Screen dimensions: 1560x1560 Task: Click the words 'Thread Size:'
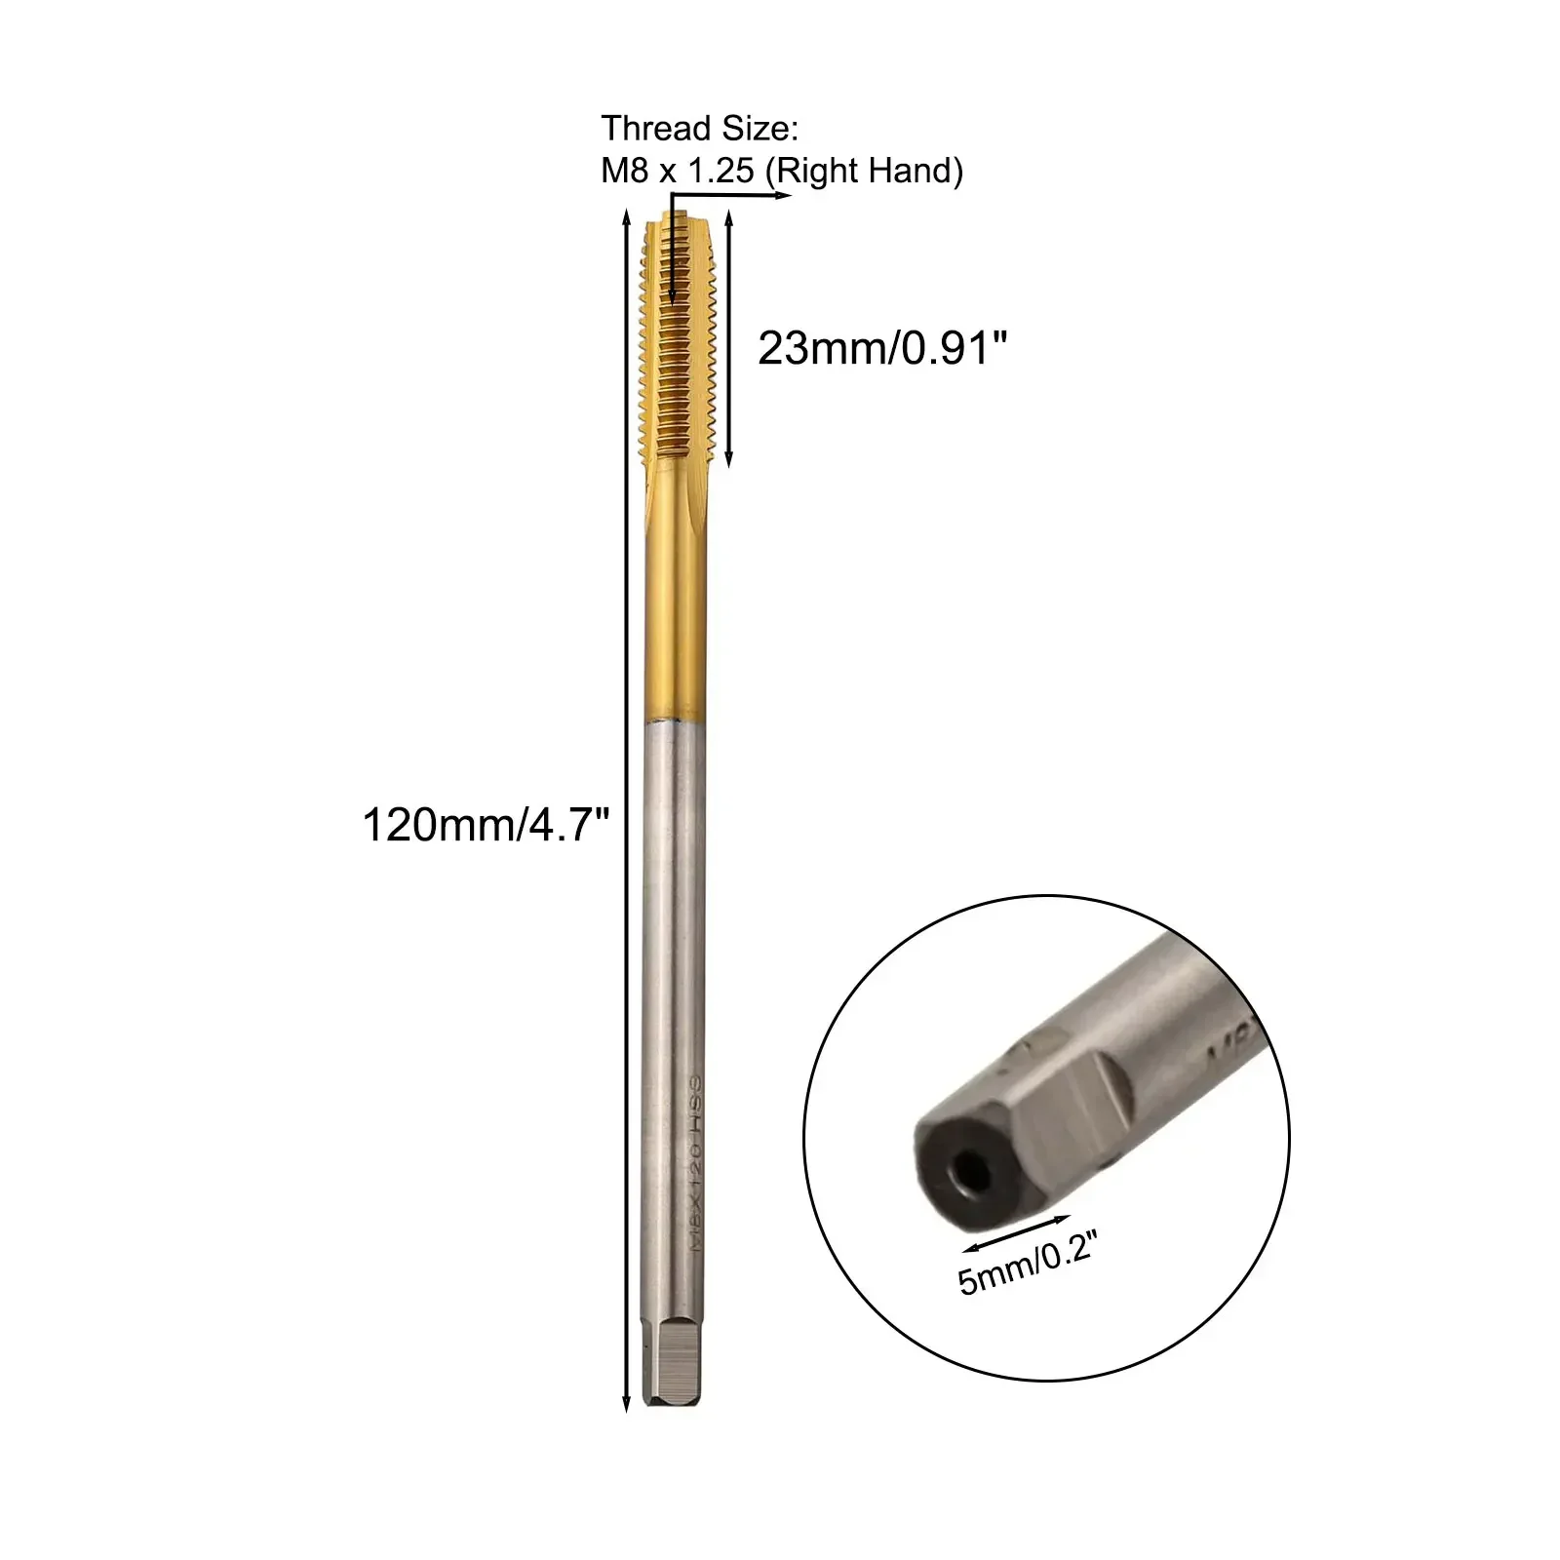pos(699,128)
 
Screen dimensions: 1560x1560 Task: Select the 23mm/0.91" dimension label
pos(881,348)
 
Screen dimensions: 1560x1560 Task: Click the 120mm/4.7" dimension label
pos(485,825)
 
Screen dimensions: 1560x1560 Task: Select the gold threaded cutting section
pos(679,341)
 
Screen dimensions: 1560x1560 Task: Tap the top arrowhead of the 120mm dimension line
pos(626,221)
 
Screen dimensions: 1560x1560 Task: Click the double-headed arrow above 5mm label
pos(1016,1231)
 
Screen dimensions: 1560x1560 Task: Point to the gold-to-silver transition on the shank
pos(674,721)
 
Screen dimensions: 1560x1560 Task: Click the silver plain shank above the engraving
pos(674,877)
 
